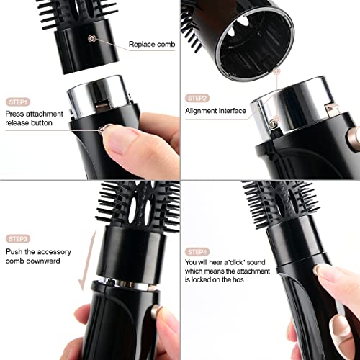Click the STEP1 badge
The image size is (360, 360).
pyautogui.click(x=18, y=102)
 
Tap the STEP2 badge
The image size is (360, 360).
pyautogui.click(x=197, y=98)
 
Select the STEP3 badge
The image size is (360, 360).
pyautogui.click(x=18, y=239)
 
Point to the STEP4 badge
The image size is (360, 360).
pyautogui.click(x=197, y=252)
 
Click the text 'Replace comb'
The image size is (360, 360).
pyautogui.click(x=152, y=44)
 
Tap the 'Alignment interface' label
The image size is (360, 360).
pyautogui.click(x=215, y=111)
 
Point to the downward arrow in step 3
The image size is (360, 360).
pyautogui.click(x=88, y=261)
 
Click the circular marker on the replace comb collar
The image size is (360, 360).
pyautogui.click(x=92, y=38)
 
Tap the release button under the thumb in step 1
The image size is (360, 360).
pyautogui.click(x=102, y=130)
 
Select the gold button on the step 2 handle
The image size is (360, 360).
pyautogui.click(x=354, y=136)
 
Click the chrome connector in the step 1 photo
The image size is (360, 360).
pyautogui.click(x=99, y=96)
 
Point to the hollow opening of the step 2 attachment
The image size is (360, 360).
pyautogui.click(x=256, y=45)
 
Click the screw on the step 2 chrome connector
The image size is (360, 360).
pyautogui.click(x=272, y=123)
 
